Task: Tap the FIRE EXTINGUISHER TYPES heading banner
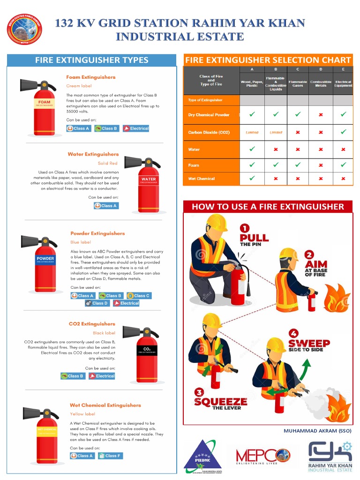92,60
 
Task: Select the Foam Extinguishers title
90,77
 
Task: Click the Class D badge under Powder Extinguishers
97,303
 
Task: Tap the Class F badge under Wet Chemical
110,456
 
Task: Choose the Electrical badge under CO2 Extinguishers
102,376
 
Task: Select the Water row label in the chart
194,150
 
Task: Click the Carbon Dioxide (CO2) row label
209,132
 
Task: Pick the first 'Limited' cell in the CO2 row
252,132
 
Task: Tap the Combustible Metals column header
321,83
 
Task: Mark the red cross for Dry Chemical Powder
321,114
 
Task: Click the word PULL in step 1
254,237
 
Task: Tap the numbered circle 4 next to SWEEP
293,334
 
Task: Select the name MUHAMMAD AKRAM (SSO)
317,431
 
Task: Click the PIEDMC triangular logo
202,455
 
